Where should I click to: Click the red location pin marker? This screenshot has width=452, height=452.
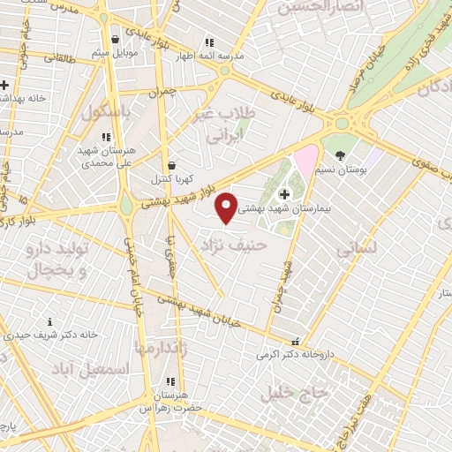(x=227, y=207)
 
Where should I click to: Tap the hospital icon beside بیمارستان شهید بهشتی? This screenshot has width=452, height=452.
(x=283, y=194)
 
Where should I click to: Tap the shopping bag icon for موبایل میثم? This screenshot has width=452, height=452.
(x=116, y=40)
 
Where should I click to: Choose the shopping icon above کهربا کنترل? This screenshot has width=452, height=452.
(x=171, y=165)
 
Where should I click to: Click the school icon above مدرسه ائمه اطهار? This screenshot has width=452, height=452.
(x=209, y=41)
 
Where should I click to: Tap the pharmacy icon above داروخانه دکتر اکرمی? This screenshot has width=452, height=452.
(x=295, y=342)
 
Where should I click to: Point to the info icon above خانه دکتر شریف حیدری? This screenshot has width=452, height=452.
(x=50, y=322)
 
